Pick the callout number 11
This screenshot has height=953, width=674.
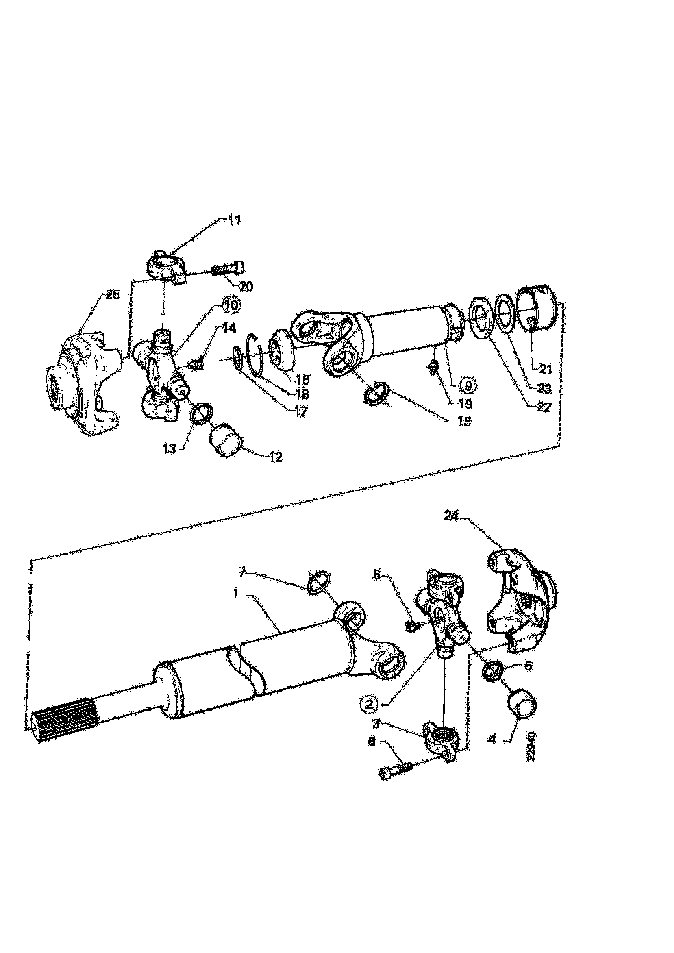coord(234,221)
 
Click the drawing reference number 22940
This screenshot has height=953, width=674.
coord(532,747)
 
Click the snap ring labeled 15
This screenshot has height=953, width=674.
coord(377,394)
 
